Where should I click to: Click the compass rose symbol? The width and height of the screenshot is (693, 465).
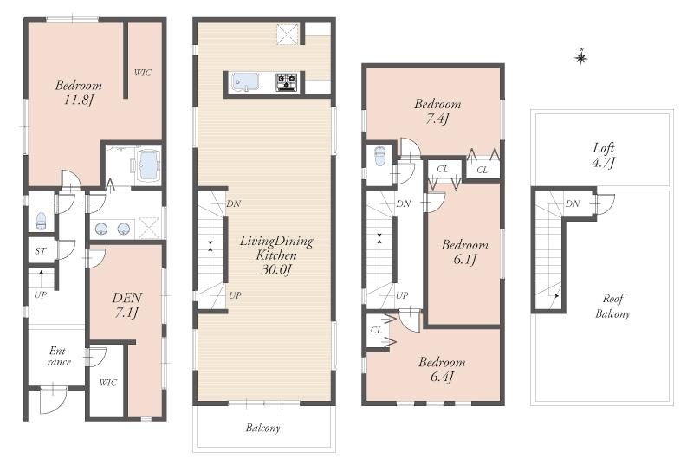click(x=581, y=58)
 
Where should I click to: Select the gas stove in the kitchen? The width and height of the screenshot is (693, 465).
click(x=286, y=82)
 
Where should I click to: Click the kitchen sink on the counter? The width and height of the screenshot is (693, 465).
click(x=248, y=82)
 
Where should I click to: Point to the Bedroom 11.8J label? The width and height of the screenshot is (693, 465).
click(x=79, y=93)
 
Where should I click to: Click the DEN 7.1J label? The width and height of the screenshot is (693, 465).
click(x=126, y=304)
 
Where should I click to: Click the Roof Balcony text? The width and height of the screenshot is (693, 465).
click(x=612, y=307)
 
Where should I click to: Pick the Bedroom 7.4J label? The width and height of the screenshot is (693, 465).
click(x=437, y=111)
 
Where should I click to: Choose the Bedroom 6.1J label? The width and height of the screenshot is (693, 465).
click(x=464, y=252)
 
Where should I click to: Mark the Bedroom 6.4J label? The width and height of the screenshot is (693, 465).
click(x=442, y=370)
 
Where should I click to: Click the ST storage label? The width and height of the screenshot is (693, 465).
click(x=40, y=251)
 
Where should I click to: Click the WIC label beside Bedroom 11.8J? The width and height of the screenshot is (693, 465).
click(x=142, y=73)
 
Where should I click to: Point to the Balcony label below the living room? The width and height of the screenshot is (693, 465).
click(x=262, y=428)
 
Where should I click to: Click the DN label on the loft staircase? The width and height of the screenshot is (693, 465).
click(x=573, y=203)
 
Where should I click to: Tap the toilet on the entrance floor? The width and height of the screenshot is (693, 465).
click(x=40, y=221)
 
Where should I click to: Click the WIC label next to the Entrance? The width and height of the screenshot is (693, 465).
click(x=107, y=382)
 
